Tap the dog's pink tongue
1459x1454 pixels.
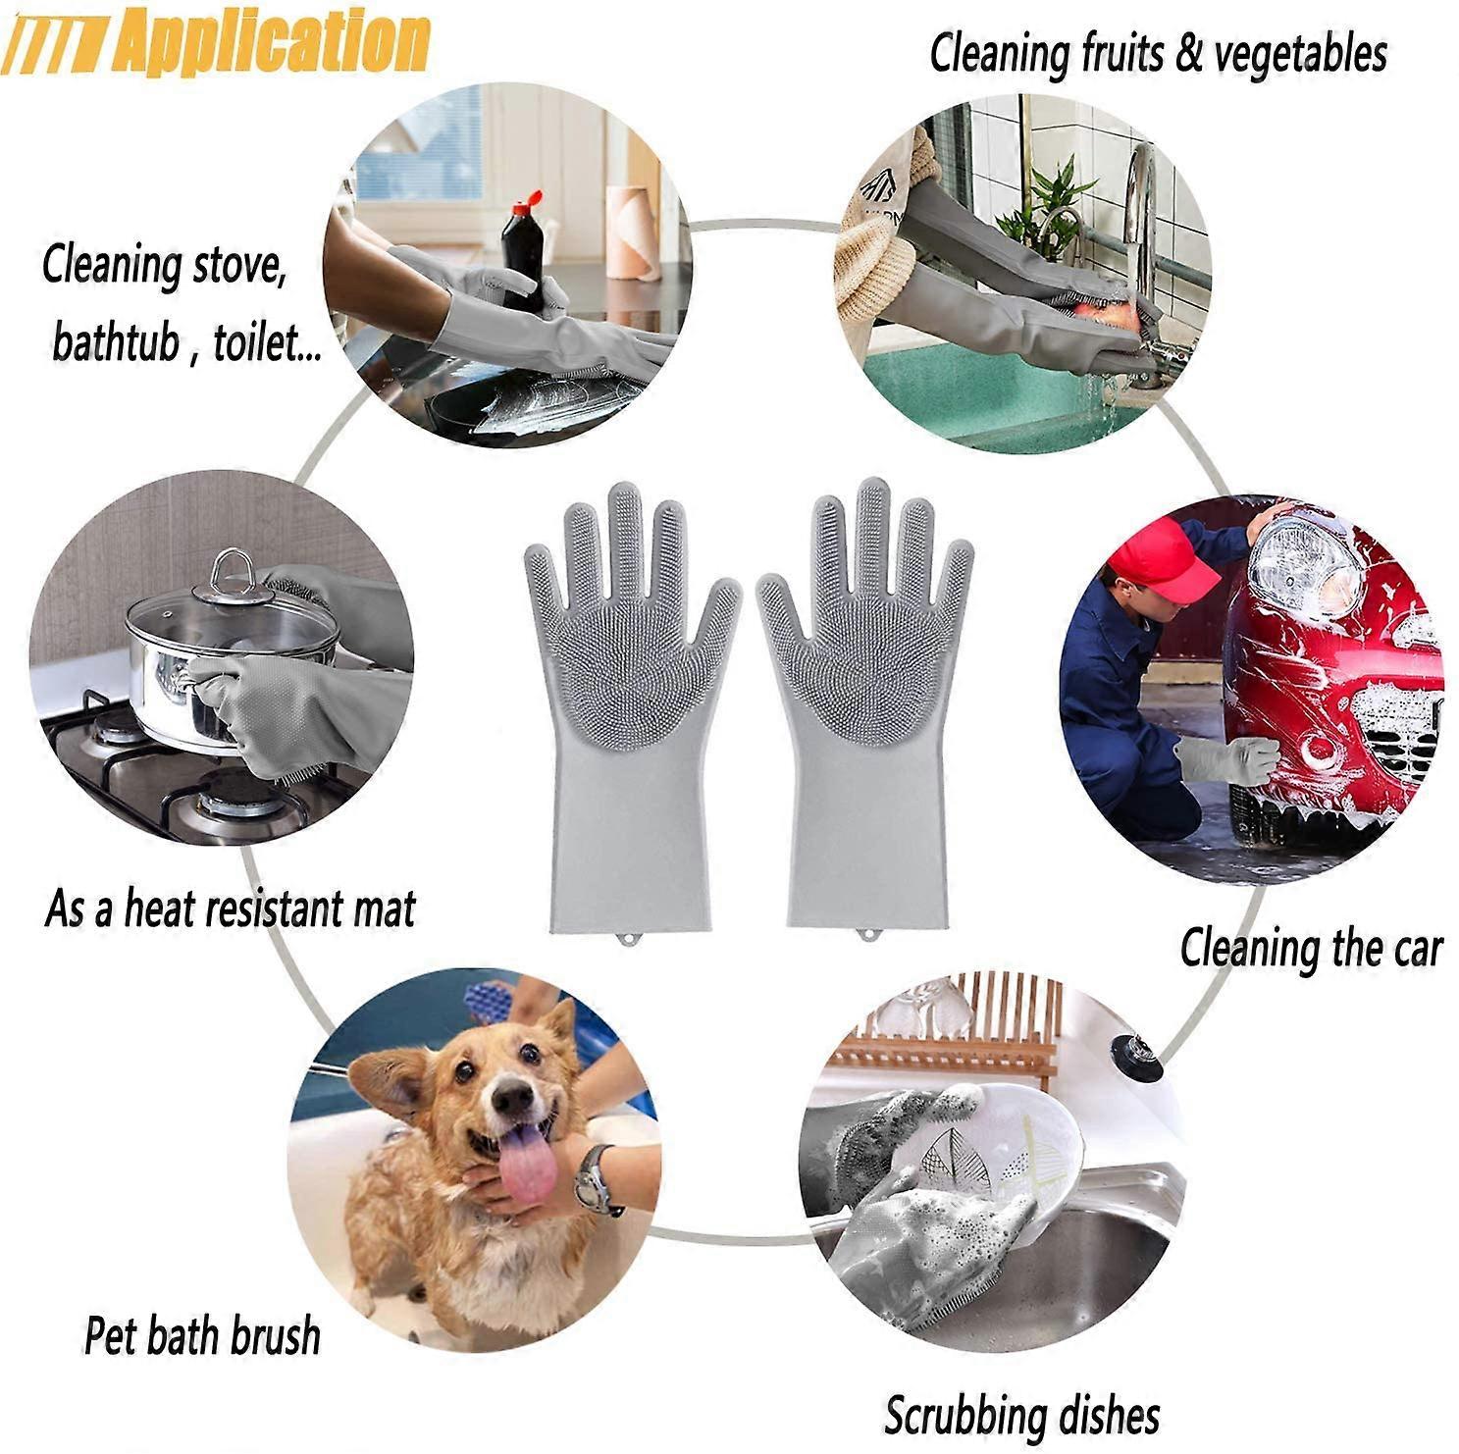[527, 1166]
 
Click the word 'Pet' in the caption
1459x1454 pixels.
[109, 1336]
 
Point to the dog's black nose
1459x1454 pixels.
[512, 1101]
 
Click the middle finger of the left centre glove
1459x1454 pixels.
[624, 530]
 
